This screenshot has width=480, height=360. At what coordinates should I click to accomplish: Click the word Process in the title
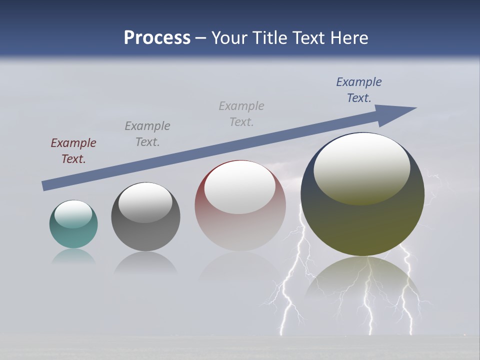pyautogui.click(x=157, y=38)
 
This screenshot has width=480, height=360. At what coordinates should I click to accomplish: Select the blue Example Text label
pyautogui.click(x=358, y=90)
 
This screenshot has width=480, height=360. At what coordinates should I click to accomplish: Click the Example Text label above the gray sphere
pyautogui.click(x=147, y=134)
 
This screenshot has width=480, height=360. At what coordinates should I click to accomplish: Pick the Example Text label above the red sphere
pyautogui.click(x=241, y=114)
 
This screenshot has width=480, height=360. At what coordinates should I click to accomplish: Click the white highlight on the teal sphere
pyautogui.click(x=73, y=213)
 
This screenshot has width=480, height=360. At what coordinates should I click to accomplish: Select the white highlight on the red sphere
pyautogui.click(x=240, y=187)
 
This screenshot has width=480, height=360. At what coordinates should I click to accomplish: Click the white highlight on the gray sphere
pyautogui.click(x=145, y=202)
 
